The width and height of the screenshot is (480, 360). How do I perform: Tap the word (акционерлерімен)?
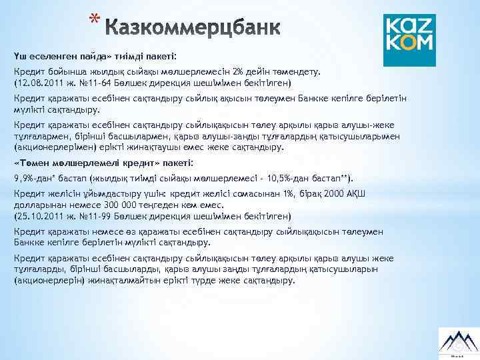pos(50,147)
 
